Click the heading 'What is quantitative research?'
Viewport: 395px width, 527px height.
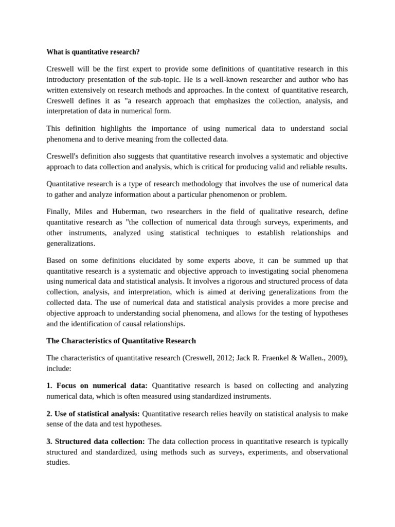click(93, 52)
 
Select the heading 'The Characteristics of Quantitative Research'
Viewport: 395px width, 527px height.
click(121, 341)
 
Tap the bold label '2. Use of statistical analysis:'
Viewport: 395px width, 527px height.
click(93, 413)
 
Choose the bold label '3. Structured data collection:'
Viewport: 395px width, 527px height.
click(96, 442)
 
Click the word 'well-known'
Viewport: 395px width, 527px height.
click(218, 79)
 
